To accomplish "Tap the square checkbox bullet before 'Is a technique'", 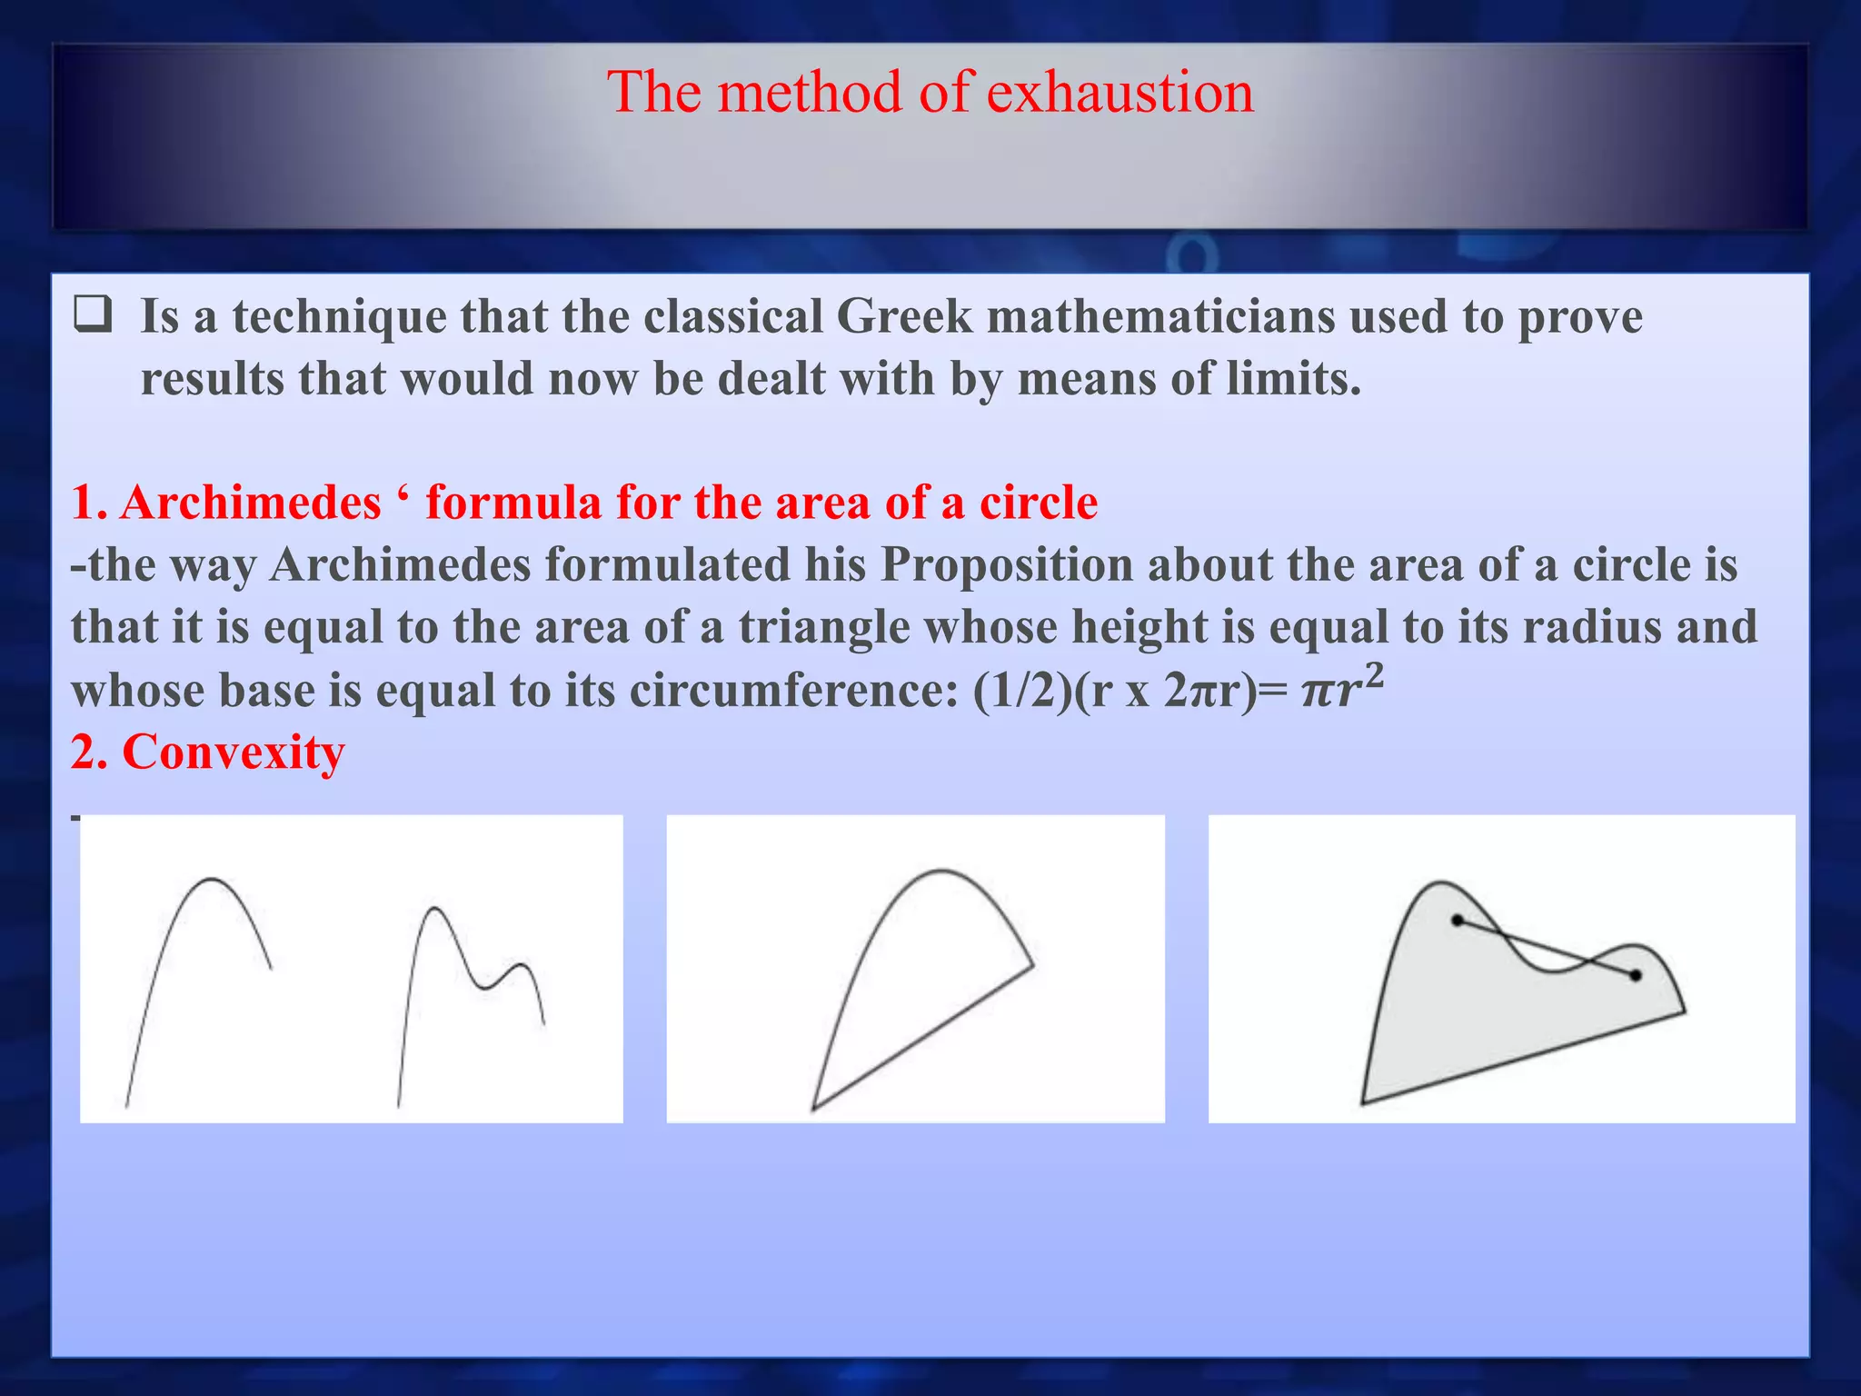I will pos(93,315).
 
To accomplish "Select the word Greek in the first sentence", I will pos(904,317).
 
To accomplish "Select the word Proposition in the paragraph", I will pos(1006,565).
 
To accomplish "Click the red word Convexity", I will pos(234,753).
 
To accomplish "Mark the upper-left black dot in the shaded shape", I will pos(1458,921).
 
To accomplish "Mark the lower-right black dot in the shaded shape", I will pos(1635,975).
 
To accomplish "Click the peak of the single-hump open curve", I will pos(211,880).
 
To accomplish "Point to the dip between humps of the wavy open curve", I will pos(483,987).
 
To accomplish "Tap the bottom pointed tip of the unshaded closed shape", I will pos(813,1108).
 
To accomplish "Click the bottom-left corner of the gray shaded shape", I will pos(1363,1102).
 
